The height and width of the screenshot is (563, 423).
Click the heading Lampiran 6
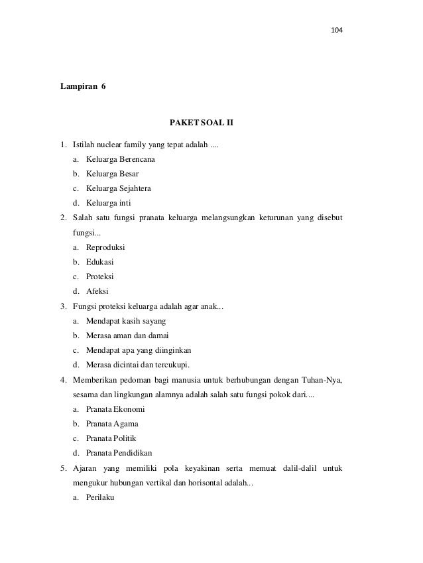tap(83, 87)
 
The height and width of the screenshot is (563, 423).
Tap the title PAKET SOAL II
tap(202, 123)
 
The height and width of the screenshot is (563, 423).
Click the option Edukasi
tap(100, 262)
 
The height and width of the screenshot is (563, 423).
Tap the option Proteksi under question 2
tap(100, 277)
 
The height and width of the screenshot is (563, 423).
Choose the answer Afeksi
tap(98, 291)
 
